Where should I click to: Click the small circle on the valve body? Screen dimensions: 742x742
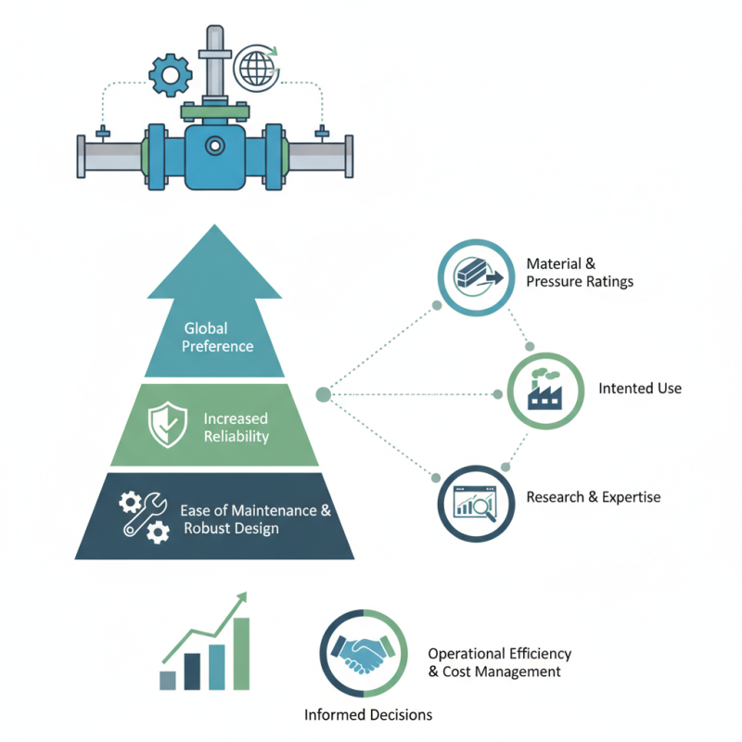coord(215,146)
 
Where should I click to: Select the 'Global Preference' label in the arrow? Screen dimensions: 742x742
coord(218,338)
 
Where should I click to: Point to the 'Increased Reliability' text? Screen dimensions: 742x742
coord(237,427)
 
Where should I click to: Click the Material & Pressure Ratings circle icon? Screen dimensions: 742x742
coord(475,275)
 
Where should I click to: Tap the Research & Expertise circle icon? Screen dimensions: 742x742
coord(474,502)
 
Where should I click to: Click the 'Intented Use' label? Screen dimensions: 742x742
coord(640,388)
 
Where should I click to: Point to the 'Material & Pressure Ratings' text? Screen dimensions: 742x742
coord(579,272)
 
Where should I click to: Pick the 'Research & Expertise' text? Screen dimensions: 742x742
coord(594,497)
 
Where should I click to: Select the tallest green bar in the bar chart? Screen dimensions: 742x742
coord(241,653)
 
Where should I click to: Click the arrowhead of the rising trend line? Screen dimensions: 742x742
coord(243,598)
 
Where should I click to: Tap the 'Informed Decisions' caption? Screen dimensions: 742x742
coord(368,715)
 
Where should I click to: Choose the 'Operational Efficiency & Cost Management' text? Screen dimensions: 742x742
coord(499,662)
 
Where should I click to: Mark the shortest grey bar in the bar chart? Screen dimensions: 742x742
coord(168,680)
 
